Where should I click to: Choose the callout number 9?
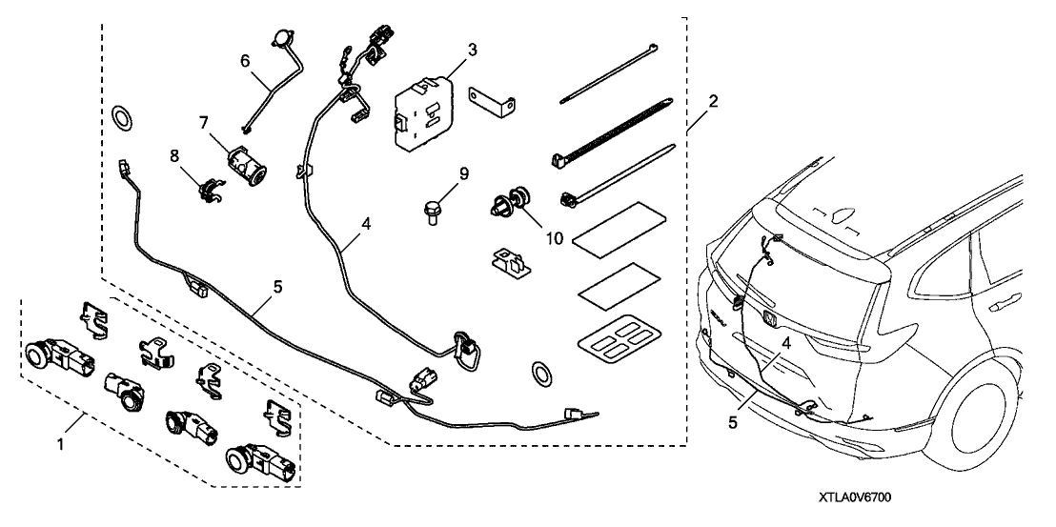click(464, 174)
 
